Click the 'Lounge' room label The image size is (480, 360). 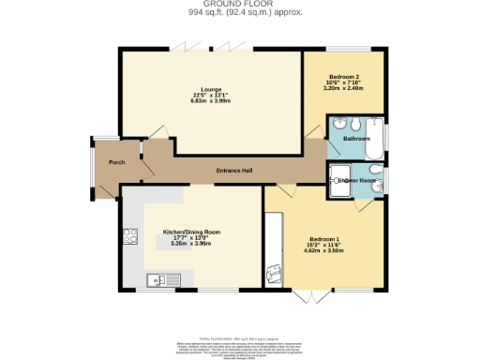click(x=198, y=89)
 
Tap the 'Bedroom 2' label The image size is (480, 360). click(x=342, y=75)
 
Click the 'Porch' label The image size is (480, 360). click(x=117, y=163)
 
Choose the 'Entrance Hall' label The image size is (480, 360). click(x=234, y=170)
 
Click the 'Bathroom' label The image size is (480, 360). click(x=355, y=139)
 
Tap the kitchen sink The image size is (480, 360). click(x=157, y=278)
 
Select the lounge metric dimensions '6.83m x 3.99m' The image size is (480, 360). click(x=198, y=101)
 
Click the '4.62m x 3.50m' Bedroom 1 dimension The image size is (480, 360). click(x=325, y=251)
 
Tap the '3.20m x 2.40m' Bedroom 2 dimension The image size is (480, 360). click(x=342, y=87)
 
